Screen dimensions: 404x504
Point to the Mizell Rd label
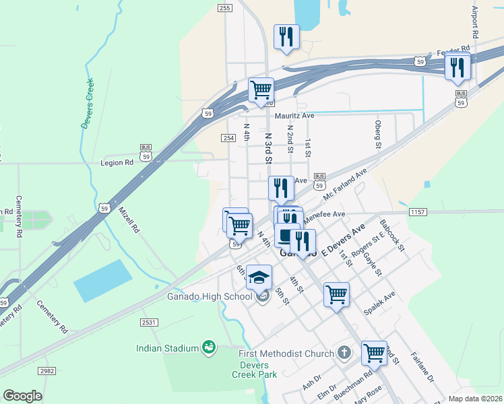[129, 220]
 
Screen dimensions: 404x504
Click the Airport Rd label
[474, 22]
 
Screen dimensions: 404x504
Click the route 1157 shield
[417, 212]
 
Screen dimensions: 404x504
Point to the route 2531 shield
[149, 323]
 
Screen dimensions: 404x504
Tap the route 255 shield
[225, 8]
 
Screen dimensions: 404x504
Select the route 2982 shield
[46, 371]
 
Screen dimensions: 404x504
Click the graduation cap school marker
[259, 277]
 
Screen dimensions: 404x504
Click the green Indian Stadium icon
[210, 347]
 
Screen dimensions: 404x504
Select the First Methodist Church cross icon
[344, 353]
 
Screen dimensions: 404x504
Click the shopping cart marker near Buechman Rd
[373, 352]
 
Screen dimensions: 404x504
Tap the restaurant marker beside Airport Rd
[458, 66]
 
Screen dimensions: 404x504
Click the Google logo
[22, 396]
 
